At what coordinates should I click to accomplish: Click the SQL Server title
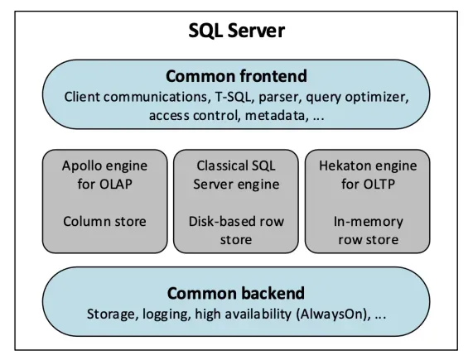pyautogui.click(x=237, y=31)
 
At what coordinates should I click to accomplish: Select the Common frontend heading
pyautogui.click(x=237, y=76)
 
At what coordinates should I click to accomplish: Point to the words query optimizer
pyautogui.click(x=357, y=98)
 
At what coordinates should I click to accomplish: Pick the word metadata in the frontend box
pyautogui.click(x=277, y=115)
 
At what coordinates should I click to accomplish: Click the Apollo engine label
pyautogui.click(x=104, y=166)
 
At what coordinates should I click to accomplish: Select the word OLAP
pyautogui.click(x=116, y=184)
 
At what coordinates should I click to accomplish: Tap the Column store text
pyautogui.click(x=104, y=222)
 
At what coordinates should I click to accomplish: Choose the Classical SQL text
pyautogui.click(x=236, y=166)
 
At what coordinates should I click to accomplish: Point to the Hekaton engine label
pyautogui.click(x=368, y=166)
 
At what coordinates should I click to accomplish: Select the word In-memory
pyautogui.click(x=368, y=222)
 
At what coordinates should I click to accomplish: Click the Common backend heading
pyautogui.click(x=236, y=293)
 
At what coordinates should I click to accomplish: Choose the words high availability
pyautogui.click(x=244, y=314)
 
